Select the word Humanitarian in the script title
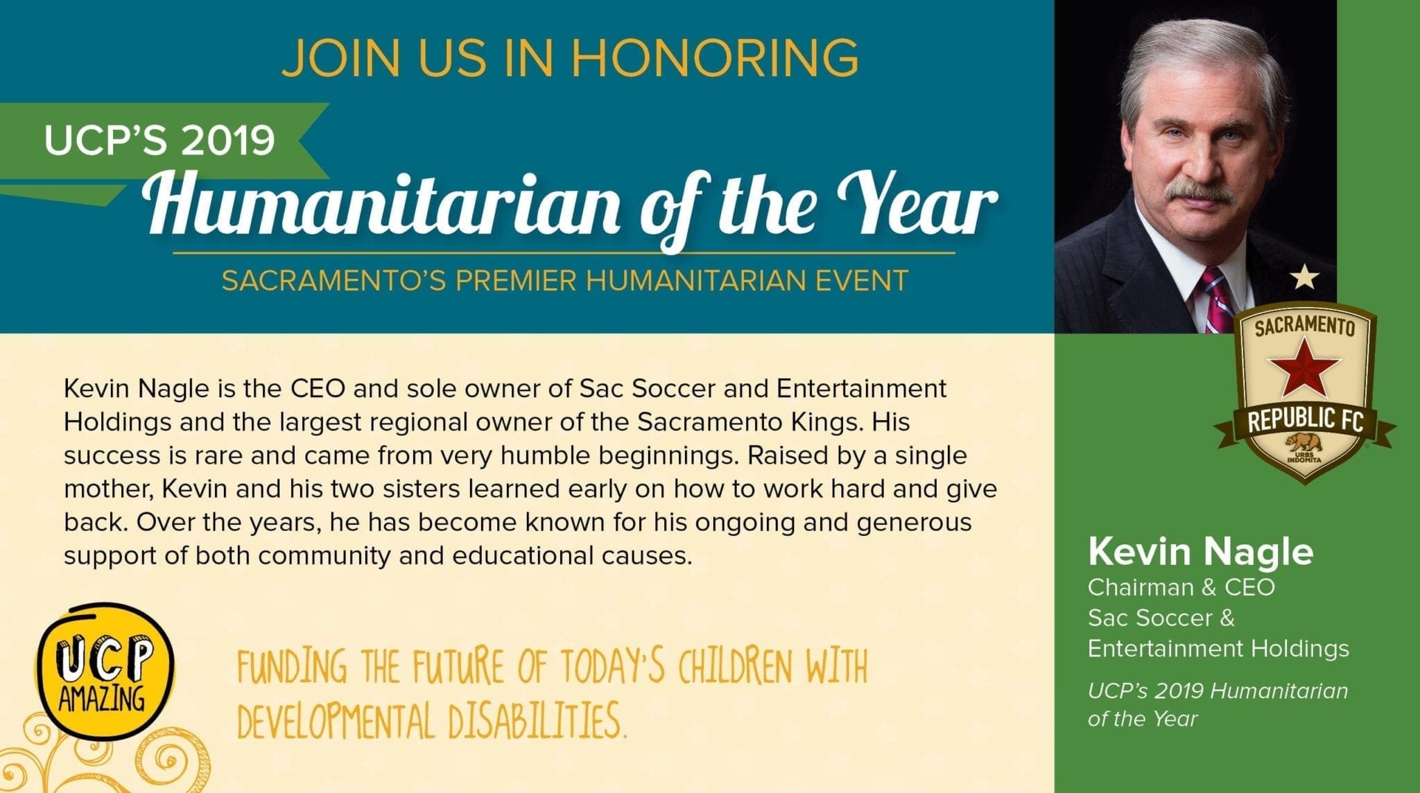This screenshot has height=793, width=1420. pyautogui.click(x=381, y=201)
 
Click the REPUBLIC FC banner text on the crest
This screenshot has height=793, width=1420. pyautogui.click(x=1306, y=419)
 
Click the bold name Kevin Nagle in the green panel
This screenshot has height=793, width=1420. pyautogui.click(x=1200, y=551)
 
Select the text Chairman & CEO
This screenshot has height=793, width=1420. pyautogui.click(x=1181, y=587)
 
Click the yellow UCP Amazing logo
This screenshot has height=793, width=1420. pyautogui.click(x=105, y=672)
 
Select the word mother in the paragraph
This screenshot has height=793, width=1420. pyautogui.click(x=107, y=489)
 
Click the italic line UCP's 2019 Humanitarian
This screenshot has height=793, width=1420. pyautogui.click(x=1218, y=690)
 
